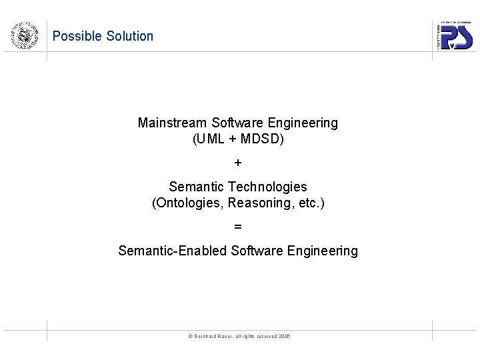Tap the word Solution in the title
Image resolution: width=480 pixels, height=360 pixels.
coord(129,37)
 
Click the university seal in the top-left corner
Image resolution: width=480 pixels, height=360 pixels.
coord(24,35)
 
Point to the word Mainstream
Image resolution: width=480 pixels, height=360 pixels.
coord(173,123)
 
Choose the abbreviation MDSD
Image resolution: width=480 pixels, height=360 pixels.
coord(261,141)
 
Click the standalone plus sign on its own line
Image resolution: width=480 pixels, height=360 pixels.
coord(238,163)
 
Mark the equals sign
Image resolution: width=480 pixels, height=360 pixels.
coord(238,227)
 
